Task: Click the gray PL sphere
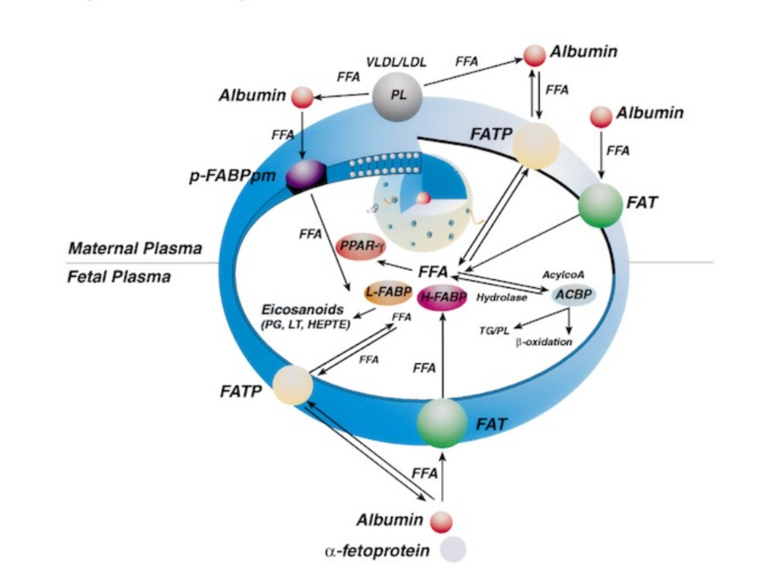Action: coord(397,96)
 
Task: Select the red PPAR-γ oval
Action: coord(361,246)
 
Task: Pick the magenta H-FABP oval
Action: coord(442,297)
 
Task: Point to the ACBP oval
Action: coord(574,295)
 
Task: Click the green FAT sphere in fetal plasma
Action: coord(442,423)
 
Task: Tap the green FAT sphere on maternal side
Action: coord(601,205)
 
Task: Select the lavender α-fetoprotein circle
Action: coord(453,549)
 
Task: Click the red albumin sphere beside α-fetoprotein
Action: coord(442,522)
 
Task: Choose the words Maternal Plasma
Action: coord(135,248)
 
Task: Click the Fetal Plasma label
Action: coord(118,277)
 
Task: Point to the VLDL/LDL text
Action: coord(396,62)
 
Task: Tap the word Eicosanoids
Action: coord(302,309)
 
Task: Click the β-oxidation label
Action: coord(544,342)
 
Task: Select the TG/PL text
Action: coord(494,330)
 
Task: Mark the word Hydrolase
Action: coord(502,297)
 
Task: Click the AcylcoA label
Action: coord(564,275)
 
